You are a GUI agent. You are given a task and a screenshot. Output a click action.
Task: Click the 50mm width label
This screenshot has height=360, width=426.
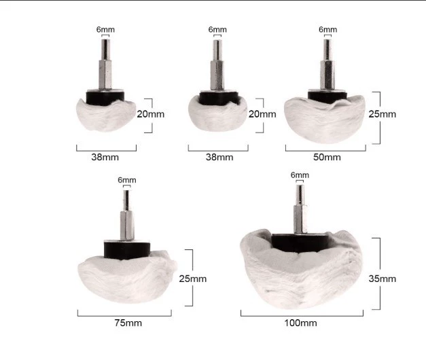pyautogui.click(x=327, y=157)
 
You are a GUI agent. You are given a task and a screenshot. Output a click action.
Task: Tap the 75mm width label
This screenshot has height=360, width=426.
pyautogui.click(x=128, y=323)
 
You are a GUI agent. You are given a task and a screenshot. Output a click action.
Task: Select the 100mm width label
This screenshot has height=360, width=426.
pyautogui.click(x=300, y=323)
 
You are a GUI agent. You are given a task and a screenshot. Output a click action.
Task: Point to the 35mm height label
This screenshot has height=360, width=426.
pyautogui.click(x=383, y=278)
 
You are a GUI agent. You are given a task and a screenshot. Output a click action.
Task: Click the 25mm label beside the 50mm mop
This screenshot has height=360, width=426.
pyautogui.click(x=383, y=114)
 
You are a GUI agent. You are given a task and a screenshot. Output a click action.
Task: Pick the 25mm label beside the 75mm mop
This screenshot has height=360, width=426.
pyautogui.click(x=193, y=278)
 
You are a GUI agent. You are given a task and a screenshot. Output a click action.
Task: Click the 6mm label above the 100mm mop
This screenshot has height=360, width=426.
pyautogui.click(x=300, y=175)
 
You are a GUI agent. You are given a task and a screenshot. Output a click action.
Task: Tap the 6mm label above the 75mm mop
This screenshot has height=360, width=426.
pyautogui.click(x=127, y=180)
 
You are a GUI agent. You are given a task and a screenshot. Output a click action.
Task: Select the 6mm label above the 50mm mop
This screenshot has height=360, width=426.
pyautogui.click(x=328, y=29)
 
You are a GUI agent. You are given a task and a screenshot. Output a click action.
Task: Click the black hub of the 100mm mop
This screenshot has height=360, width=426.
pyautogui.click(x=300, y=243)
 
